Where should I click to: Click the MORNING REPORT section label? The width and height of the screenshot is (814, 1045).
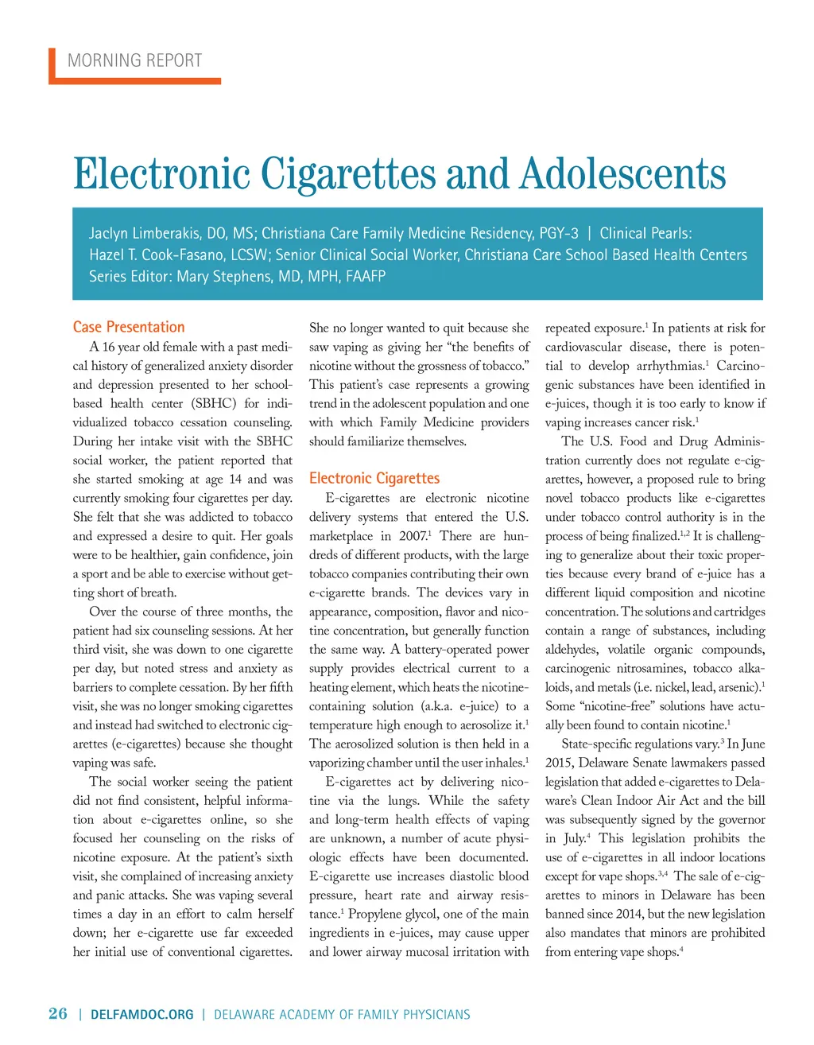(x=134, y=60)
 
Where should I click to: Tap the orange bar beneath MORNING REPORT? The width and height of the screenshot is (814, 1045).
(x=135, y=80)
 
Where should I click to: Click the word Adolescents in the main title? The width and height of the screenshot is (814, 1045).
(x=622, y=174)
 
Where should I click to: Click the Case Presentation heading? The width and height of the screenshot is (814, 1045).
(x=129, y=327)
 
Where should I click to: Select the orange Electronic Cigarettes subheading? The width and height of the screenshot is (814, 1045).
(x=374, y=478)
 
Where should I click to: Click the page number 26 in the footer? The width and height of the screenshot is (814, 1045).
(x=58, y=1013)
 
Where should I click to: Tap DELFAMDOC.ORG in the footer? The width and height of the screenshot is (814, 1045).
(x=142, y=1014)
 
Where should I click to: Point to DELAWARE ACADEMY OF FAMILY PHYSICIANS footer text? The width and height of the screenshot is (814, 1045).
(x=342, y=1014)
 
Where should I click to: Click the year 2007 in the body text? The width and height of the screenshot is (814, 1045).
(x=413, y=536)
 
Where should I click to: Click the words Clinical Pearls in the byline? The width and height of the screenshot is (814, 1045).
(x=645, y=233)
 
